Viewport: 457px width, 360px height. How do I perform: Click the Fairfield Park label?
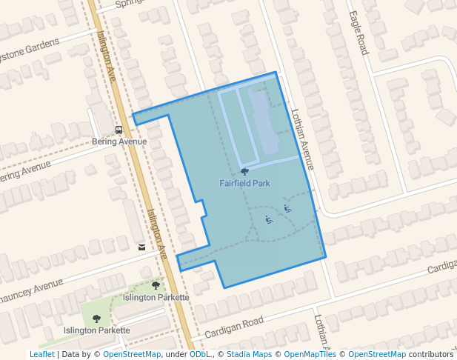244,182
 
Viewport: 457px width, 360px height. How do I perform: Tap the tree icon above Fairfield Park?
244,172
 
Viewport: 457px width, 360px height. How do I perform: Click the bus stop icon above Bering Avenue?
119,130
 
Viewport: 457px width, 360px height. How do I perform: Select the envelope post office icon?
141,247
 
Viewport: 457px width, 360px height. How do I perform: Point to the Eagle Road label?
358,33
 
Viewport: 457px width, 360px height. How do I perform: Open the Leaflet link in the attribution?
41,354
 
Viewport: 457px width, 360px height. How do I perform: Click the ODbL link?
200,354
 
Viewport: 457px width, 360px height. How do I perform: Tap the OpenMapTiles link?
310,354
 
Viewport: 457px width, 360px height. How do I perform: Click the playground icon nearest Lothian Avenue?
287,209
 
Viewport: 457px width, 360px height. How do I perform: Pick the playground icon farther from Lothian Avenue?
269,219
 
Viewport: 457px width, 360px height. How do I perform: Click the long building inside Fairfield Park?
261,119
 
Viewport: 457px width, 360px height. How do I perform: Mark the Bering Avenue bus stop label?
119,141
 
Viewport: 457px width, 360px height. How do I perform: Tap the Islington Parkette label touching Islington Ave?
156,297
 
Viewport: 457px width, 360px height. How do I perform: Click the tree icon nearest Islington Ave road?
156,285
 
